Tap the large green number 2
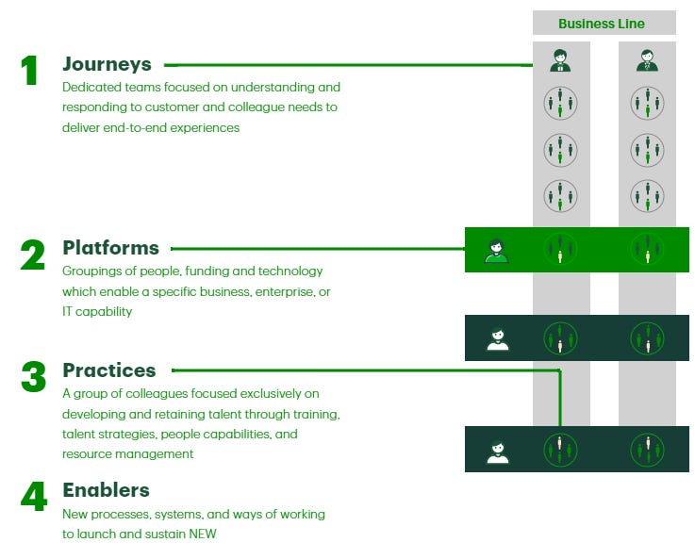(33, 255)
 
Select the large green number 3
(33, 377)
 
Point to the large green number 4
(33, 497)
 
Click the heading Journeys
(107, 65)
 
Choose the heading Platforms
(110, 248)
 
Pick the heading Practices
(109, 370)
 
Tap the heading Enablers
(106, 490)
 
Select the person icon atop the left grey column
(561, 61)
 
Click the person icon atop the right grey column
(647, 61)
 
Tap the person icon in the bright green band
(496, 251)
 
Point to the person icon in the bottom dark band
(497, 451)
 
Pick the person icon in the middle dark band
(497, 338)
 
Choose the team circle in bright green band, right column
(647, 250)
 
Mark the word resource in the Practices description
(89, 454)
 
